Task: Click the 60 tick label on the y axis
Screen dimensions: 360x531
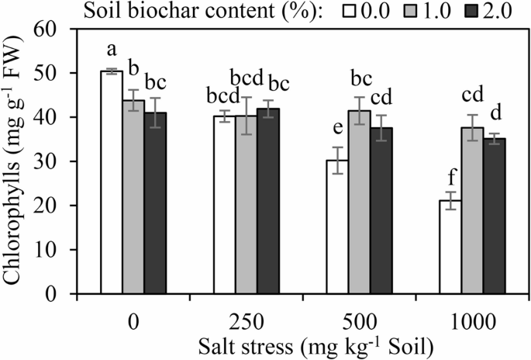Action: point(57,29)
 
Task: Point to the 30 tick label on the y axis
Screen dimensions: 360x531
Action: point(57,161)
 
